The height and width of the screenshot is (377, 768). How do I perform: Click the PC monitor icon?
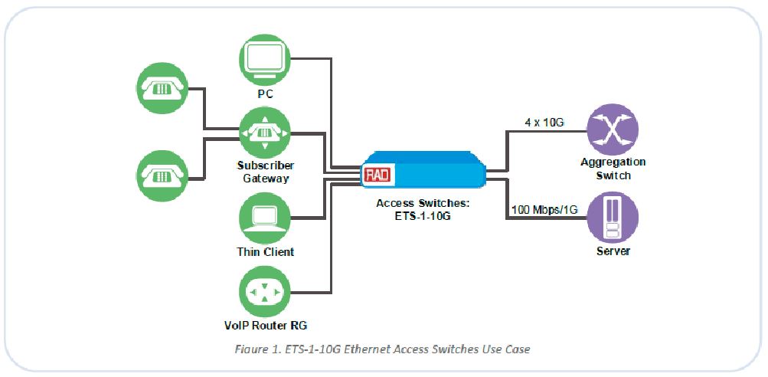pos(265,58)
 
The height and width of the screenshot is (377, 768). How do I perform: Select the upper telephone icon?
pos(160,87)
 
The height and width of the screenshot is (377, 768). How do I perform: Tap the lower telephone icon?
pos(160,175)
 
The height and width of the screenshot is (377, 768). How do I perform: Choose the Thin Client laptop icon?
pos(265,217)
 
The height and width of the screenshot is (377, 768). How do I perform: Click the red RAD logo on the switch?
pos(377,175)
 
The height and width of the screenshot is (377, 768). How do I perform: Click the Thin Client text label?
pos(265,251)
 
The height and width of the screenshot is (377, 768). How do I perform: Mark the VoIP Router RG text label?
pos(265,324)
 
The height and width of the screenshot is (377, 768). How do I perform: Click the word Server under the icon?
pos(613,251)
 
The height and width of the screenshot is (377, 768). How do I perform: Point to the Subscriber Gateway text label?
pos(265,172)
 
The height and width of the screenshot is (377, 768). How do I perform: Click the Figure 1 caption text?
pos(383,349)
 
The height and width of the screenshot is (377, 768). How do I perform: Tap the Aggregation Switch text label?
pos(613,169)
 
